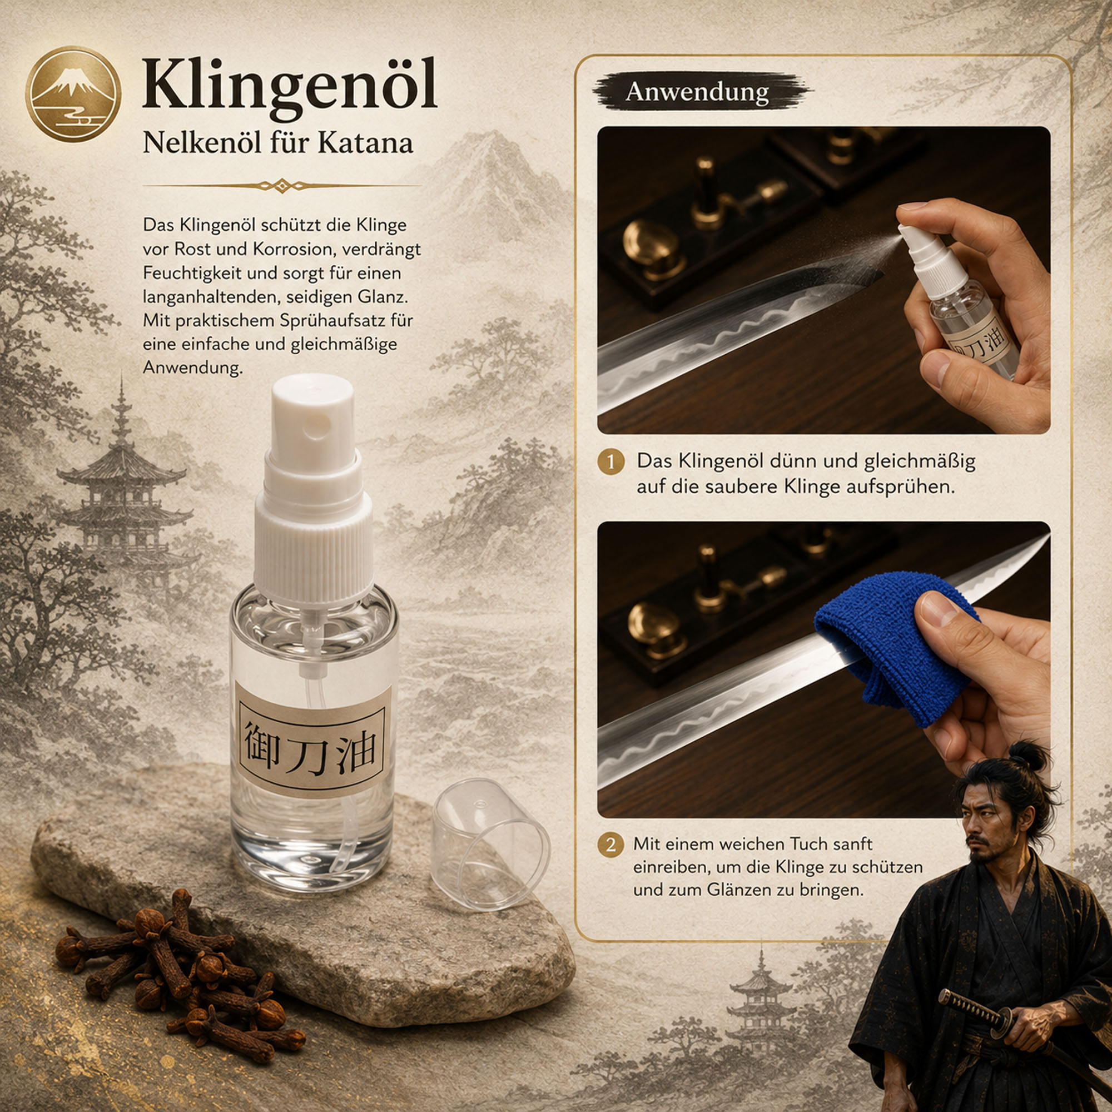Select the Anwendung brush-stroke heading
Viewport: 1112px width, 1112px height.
698,92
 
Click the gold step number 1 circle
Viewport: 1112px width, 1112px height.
611,462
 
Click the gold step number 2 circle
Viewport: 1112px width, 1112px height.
611,845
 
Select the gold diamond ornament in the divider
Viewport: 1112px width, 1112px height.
282,186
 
